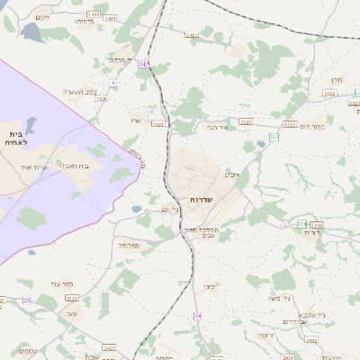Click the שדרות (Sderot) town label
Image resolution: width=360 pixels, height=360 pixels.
pos(200,199)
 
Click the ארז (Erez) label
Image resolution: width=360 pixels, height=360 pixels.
pos(136,120)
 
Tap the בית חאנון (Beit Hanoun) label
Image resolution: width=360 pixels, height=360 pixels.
pos(73,166)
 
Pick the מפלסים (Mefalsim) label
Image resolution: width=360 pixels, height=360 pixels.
pos(128,244)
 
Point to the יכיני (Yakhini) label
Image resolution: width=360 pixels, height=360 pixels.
pos(209,285)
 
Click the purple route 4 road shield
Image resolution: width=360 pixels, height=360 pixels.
pos(112,83)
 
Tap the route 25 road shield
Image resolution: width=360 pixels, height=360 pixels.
pos(26,300)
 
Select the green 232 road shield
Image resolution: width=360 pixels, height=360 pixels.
pos(274,137)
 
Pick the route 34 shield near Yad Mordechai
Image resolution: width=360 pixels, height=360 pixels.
pos(142,65)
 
